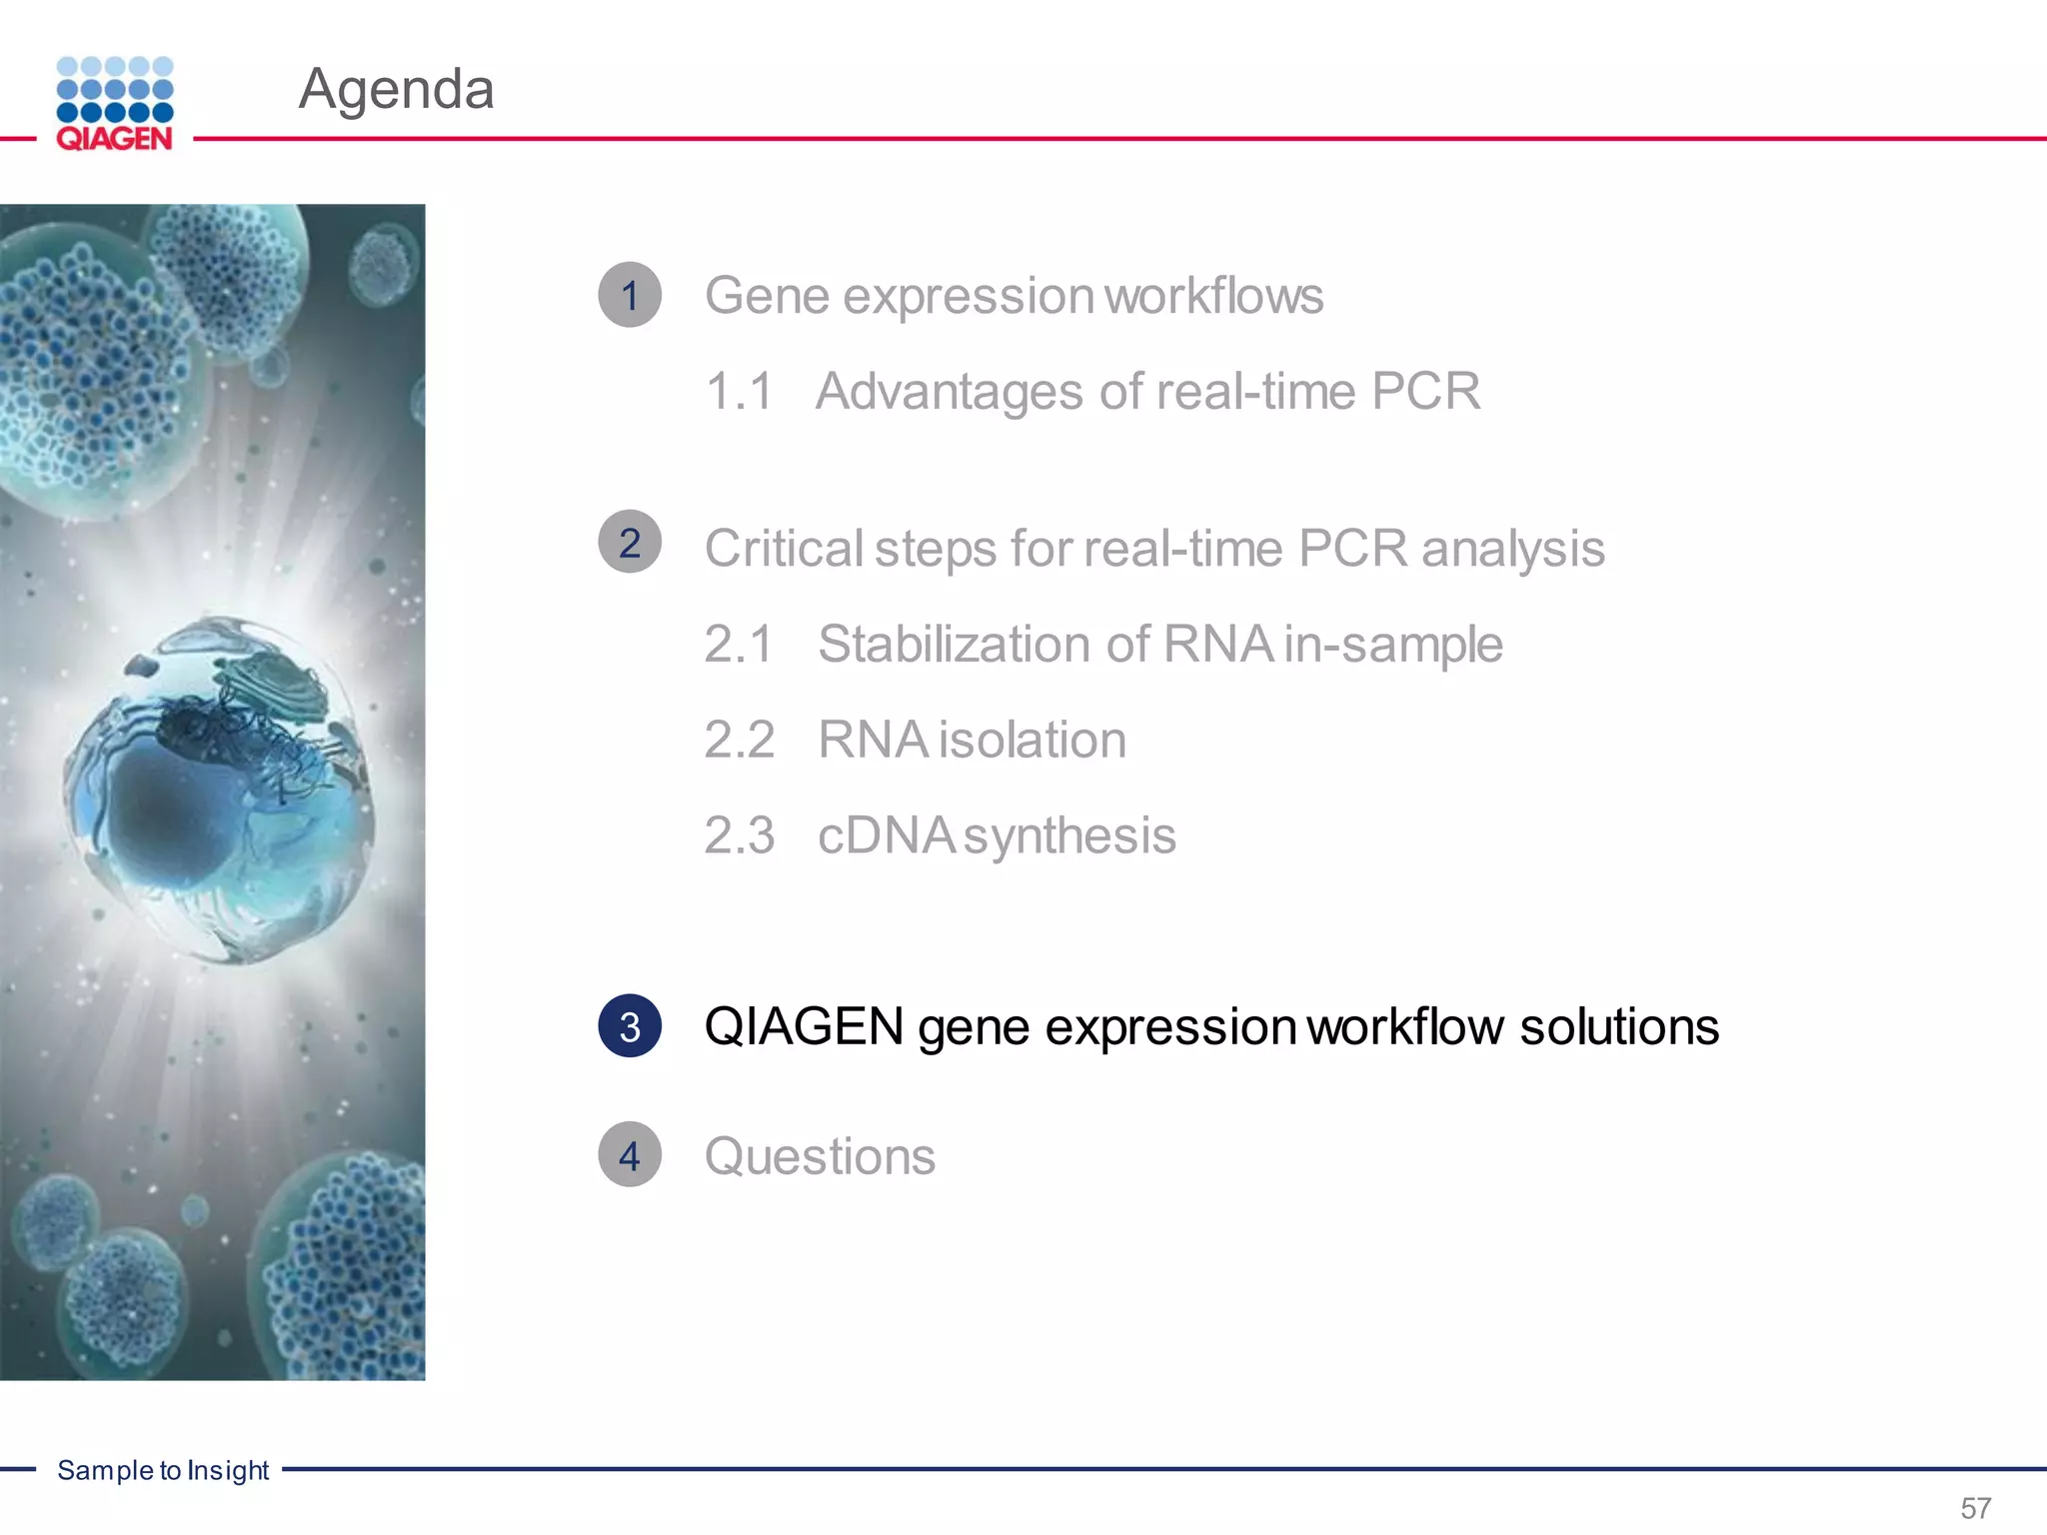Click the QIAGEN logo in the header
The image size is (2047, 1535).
point(115,104)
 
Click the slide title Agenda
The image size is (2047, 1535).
point(396,89)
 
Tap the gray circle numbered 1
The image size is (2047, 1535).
point(630,295)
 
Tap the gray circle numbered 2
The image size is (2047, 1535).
point(630,543)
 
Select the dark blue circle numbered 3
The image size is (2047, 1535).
point(630,1026)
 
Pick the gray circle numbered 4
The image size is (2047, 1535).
point(630,1155)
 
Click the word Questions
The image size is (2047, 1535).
point(820,1157)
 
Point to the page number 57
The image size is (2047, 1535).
point(1975,1507)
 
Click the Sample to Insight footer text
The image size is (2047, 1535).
point(163,1470)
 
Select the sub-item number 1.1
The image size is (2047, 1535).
point(740,392)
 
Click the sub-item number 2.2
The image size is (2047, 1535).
point(740,741)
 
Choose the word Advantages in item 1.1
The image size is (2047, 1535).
point(949,392)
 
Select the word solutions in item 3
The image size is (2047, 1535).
point(1619,1027)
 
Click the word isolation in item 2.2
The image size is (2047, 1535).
point(1032,741)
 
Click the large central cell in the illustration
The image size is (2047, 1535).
point(220,789)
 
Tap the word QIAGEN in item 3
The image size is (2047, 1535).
point(804,1027)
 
